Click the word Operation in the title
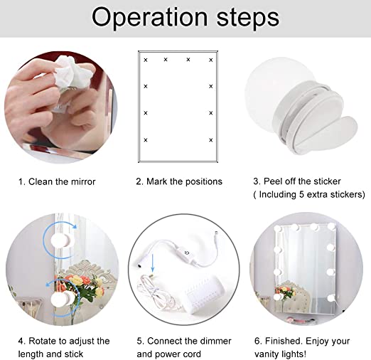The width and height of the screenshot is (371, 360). click(x=151, y=17)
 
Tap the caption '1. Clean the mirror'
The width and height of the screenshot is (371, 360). click(x=57, y=181)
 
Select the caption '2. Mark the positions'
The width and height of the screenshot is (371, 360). click(x=179, y=181)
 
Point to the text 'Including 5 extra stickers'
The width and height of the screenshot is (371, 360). click(x=311, y=194)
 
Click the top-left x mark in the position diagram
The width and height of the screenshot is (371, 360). click(x=146, y=60)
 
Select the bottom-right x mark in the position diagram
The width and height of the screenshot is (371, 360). click(x=211, y=139)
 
